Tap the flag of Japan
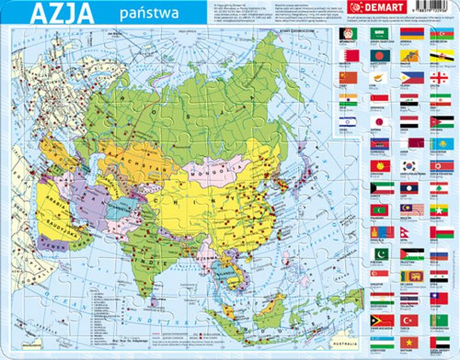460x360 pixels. click(379, 121)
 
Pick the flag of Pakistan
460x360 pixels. click(379, 253)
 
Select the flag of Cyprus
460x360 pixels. click(379, 77)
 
